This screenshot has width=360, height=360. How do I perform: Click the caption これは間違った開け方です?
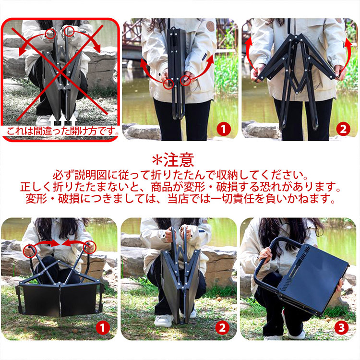pos(61,132)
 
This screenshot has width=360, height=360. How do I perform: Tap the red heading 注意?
pos(179,160)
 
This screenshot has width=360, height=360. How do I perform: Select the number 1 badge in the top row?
pos(224,129)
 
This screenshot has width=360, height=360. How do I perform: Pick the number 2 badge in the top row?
pos(343,129)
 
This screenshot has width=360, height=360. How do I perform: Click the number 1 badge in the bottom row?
pos(102,328)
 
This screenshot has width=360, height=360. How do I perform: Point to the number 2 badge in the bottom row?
pos(222,328)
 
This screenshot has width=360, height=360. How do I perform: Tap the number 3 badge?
pos(341,328)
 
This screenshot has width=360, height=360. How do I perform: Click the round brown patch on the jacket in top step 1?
pos(210,26)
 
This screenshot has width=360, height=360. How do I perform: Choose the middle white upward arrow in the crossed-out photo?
pos(63,120)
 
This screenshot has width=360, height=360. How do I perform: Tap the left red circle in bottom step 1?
pos(30,251)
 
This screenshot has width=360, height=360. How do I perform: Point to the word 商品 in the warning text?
pos(162,187)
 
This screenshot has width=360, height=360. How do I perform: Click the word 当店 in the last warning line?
pos(179,199)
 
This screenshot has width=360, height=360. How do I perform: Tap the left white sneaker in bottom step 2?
pos(164,320)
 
